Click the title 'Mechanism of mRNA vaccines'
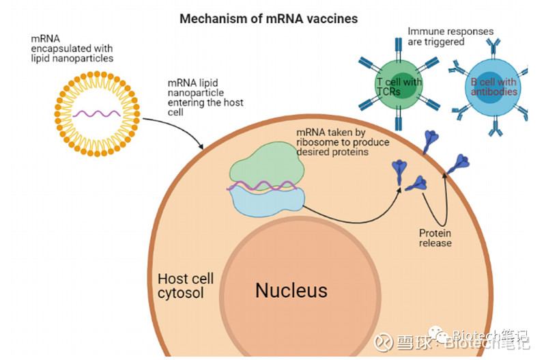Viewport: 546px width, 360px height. tap(268, 18)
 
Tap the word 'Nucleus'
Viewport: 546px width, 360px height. tap(291, 290)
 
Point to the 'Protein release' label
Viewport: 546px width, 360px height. tap(435, 238)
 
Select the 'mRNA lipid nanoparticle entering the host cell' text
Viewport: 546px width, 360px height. tap(205, 98)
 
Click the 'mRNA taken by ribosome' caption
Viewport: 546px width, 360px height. tap(343, 142)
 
